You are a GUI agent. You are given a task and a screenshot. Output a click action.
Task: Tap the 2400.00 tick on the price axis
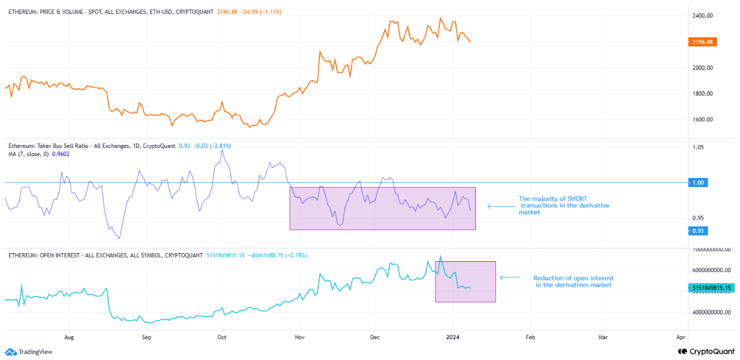(702, 16)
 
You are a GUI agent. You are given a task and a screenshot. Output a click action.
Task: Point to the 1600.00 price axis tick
(702, 120)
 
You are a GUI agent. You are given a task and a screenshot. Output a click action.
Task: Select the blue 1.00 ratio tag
(698, 183)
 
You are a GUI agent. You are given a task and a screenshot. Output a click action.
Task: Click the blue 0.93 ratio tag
(698, 231)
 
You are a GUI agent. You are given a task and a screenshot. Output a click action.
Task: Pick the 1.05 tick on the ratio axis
(698, 148)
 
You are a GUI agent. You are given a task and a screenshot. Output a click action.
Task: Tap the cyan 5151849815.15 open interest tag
(711, 287)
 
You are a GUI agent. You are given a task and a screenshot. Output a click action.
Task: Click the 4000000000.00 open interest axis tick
(711, 313)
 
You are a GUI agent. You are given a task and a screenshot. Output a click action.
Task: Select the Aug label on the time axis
(69, 336)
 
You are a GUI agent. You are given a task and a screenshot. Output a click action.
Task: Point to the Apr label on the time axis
(680, 336)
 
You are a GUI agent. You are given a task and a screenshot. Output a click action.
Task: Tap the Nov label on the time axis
(299, 336)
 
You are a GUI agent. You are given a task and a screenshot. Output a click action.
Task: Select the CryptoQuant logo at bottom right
(704, 351)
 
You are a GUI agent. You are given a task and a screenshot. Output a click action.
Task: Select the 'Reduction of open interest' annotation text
(573, 278)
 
